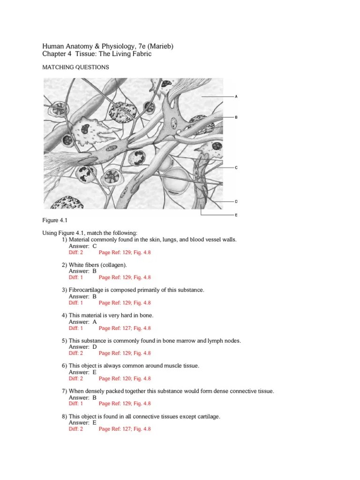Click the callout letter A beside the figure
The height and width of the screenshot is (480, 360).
(236, 97)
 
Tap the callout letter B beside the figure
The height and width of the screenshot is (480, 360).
(236, 117)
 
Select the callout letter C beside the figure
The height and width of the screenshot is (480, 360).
(236, 168)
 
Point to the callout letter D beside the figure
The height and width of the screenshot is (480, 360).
(236, 202)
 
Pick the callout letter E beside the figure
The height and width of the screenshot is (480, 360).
(236, 215)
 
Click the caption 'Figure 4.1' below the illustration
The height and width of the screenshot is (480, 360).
(55, 220)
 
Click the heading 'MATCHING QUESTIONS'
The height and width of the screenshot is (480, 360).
(75, 67)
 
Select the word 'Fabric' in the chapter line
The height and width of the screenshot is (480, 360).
(142, 54)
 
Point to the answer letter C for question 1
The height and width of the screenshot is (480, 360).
(95, 246)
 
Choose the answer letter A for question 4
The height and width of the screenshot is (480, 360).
(95, 322)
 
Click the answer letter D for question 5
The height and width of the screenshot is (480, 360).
(95, 347)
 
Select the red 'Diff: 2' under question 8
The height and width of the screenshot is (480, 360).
(76, 429)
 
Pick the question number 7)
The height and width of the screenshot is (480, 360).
(64, 391)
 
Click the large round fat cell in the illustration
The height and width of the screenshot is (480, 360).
(176, 180)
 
